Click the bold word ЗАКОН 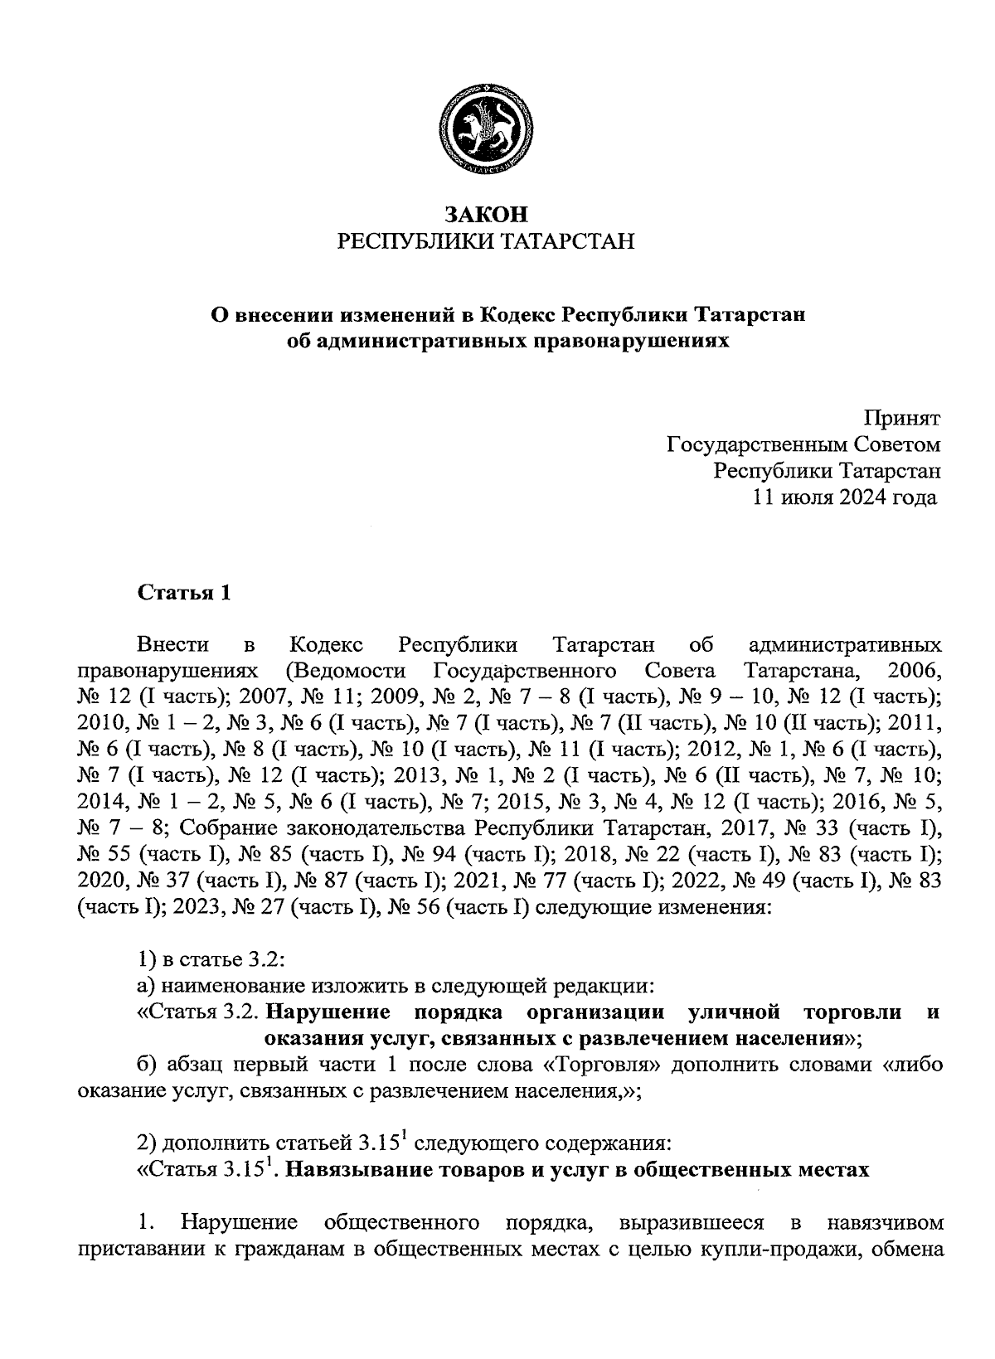click(486, 214)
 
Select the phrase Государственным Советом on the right click(803, 444)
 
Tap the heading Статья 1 click(183, 593)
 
